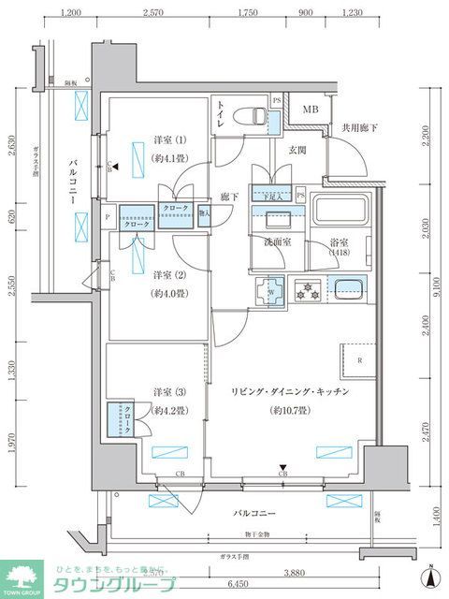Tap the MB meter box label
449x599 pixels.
(x=309, y=110)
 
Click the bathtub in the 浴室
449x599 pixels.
(x=341, y=217)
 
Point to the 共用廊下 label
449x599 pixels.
(x=358, y=127)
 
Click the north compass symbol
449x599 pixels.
(x=428, y=577)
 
